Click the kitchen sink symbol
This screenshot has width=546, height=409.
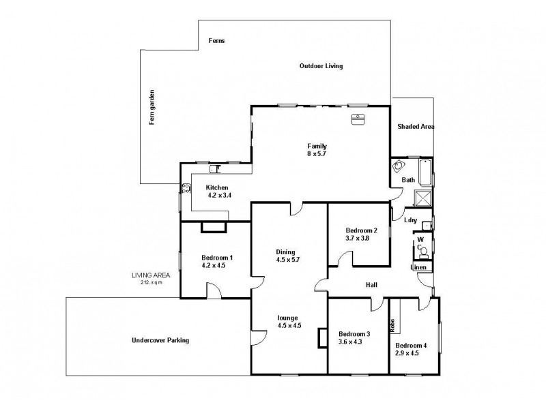point(214,168)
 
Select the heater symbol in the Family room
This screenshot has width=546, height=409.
point(358,120)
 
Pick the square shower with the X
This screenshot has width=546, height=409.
point(423,198)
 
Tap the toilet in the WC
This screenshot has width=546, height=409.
point(423,252)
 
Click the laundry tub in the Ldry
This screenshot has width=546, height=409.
point(427,225)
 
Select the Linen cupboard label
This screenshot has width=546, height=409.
point(419,267)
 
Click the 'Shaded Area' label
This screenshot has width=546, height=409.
point(416,127)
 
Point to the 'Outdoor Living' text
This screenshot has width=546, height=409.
point(321,66)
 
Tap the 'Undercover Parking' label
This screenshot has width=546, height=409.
point(160,340)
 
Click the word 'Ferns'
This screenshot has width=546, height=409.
point(216,41)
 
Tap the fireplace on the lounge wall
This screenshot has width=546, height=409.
point(323,338)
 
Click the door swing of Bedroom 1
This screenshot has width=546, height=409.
point(215,291)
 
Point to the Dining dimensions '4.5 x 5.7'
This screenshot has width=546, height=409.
point(288,259)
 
